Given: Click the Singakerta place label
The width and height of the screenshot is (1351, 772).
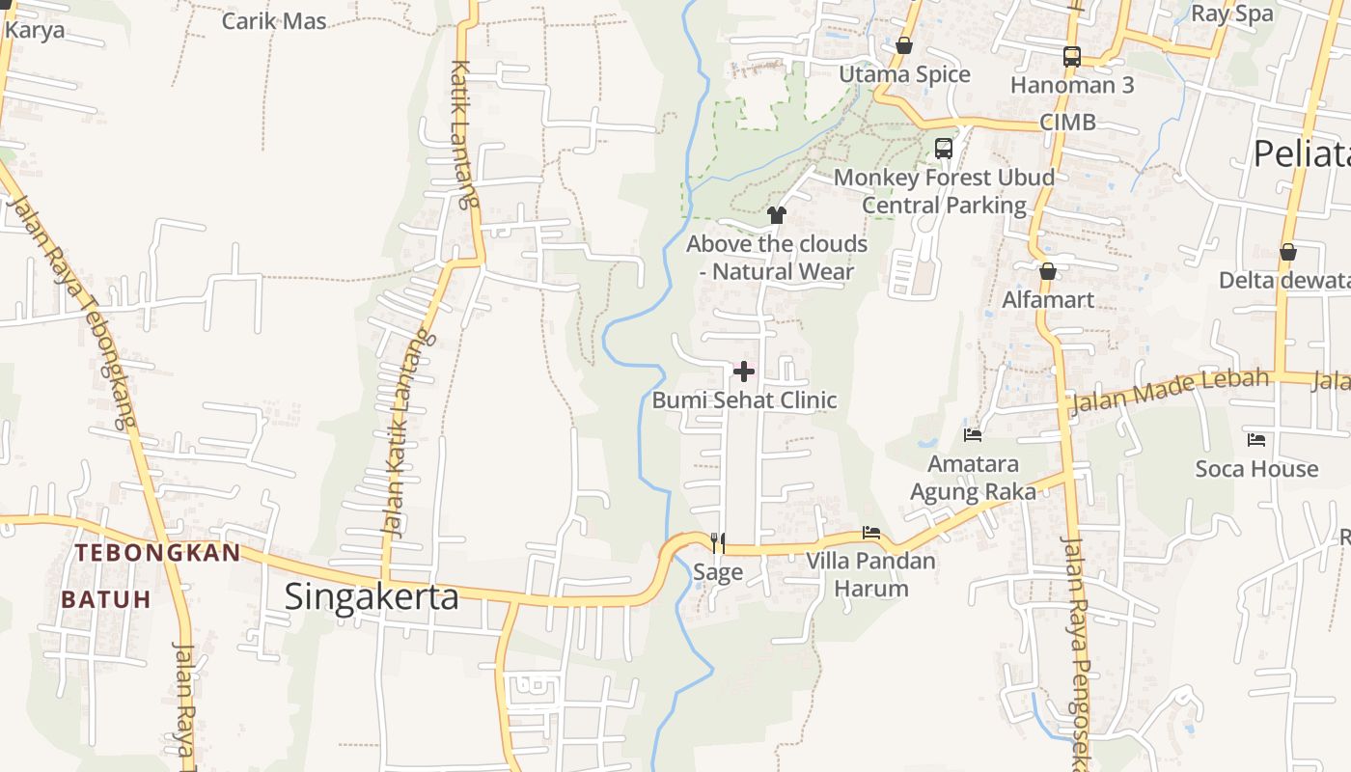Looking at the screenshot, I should pos(372,596).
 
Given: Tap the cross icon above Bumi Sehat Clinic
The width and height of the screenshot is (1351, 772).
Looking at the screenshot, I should pos(744,372).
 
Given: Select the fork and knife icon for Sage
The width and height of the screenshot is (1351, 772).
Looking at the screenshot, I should pos(718,543).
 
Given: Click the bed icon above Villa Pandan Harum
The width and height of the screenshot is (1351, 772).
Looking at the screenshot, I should pos(871,533).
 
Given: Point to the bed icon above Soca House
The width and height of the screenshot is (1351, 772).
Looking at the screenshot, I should pos(1256,440).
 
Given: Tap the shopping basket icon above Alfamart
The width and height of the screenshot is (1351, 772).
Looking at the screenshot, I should pos(1048,271).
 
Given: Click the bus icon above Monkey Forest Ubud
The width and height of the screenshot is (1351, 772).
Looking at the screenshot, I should pos(944,149).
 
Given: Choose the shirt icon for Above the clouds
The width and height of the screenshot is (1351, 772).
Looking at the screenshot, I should pos(777,215).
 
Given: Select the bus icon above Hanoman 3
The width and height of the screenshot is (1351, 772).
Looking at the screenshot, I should pos(1072,56).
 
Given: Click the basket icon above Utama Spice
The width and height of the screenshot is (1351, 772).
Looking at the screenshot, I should pos(904,45).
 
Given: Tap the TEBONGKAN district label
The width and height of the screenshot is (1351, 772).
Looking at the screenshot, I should pos(158,553).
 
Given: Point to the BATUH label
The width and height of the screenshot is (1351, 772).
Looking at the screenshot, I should pos(106,599).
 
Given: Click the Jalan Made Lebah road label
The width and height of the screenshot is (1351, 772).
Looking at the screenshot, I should pos(1170,389).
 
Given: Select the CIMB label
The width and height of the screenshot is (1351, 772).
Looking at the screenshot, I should pos(1067,123).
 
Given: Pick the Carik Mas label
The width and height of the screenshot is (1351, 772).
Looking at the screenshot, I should pos(274,20).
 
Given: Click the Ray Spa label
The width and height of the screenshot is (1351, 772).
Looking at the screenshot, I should pos(1232,14).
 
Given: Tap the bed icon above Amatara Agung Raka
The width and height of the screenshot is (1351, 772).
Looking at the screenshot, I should pos(973,435).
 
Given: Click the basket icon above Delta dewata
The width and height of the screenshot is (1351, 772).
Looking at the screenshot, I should pos(1287,252).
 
